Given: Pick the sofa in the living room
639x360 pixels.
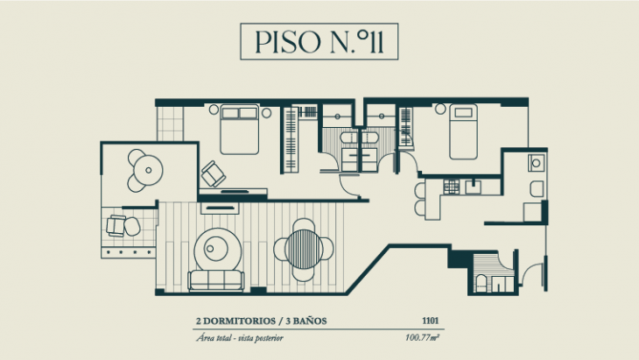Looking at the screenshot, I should tap(215, 280).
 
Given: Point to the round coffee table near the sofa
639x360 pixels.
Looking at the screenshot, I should tap(214, 248).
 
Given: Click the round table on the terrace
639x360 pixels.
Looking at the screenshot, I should tap(146, 169).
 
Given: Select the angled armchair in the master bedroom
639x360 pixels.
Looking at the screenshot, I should tap(212, 173).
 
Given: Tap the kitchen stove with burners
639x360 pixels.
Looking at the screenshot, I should tap(452, 186).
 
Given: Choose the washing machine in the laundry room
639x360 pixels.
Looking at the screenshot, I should tap(535, 163).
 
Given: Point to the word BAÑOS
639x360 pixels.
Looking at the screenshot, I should tap(308, 321).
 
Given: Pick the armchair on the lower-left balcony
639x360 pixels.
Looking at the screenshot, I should tap(117, 225).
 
